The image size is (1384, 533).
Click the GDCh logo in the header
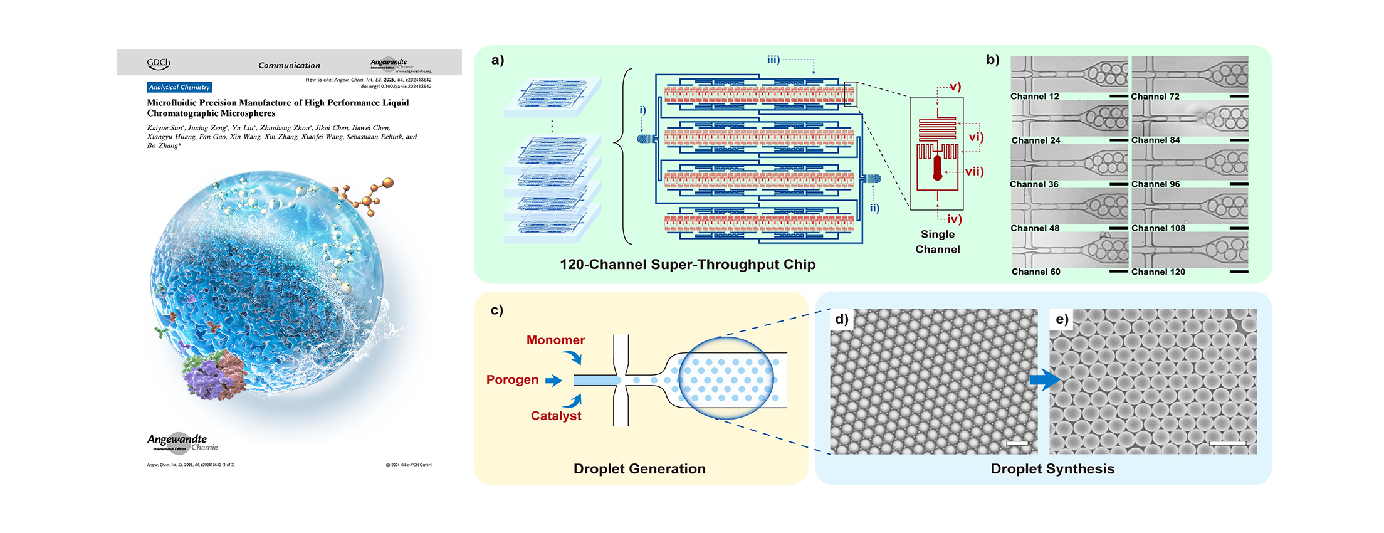159,63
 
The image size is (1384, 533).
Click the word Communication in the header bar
289,65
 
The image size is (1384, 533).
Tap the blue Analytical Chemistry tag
179,87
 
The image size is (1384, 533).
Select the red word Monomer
555,340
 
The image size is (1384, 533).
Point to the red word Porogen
512,379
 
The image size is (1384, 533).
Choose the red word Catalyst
556,416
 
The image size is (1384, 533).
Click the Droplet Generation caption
639,468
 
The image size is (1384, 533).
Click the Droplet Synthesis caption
1052,468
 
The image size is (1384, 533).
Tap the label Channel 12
1034,97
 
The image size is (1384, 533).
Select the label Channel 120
1158,272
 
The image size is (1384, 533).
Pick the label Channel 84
1155,140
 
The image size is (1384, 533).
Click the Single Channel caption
938,241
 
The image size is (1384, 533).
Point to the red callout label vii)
974,171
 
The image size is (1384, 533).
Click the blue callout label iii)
773,60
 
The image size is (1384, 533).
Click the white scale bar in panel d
1017,443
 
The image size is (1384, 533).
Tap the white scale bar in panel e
1227,443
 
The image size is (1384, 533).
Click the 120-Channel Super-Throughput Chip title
688,265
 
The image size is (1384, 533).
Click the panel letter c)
496,310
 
